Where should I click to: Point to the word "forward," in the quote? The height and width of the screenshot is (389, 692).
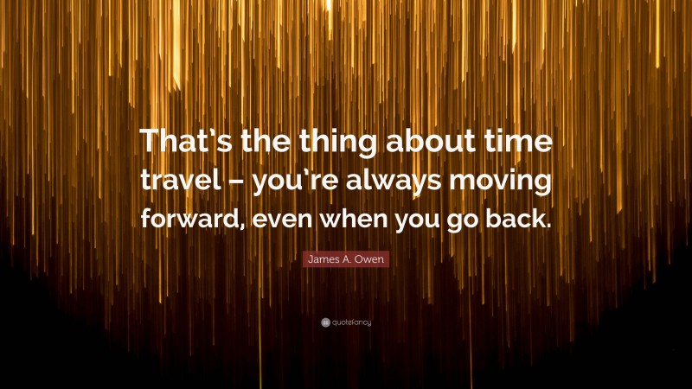tap(190, 218)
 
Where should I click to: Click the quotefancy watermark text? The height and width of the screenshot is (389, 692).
tap(351, 322)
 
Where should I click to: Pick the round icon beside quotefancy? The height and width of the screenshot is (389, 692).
tap(325, 322)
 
